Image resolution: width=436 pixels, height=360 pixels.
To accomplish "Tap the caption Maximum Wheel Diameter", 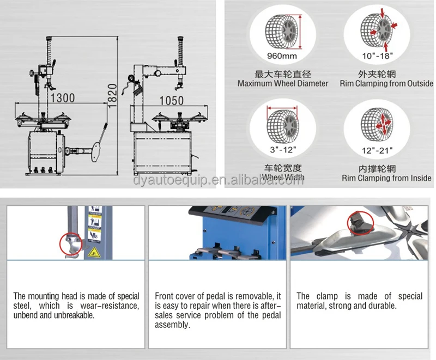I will [x=283, y=84].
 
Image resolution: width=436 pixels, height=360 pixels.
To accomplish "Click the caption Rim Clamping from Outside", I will [x=386, y=84].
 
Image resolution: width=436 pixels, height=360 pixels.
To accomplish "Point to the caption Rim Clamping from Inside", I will [x=386, y=178].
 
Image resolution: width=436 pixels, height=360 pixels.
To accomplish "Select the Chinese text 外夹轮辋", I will [x=386, y=74].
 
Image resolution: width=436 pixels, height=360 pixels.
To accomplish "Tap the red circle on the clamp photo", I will [x=359, y=222].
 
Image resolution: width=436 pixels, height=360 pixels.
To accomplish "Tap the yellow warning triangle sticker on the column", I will [x=94, y=252].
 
